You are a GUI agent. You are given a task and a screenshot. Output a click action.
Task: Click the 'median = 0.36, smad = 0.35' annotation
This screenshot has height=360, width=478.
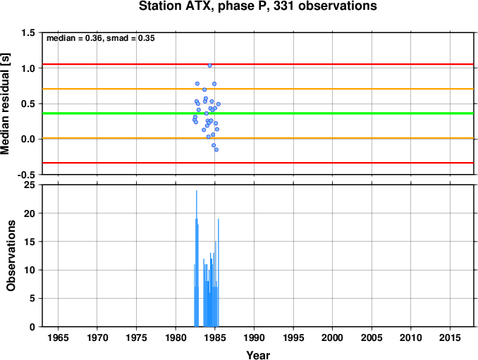point(101,38)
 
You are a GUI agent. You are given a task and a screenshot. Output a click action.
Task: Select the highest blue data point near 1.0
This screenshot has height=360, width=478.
point(209,66)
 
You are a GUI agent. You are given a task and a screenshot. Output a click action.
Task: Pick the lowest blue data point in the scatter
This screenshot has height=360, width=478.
point(216,149)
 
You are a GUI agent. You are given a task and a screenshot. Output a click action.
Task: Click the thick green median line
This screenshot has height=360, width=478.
point(258,113)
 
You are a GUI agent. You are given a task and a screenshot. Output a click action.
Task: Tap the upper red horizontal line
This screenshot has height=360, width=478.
point(258,64)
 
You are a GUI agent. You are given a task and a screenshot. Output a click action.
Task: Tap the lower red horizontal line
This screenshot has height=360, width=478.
point(258,163)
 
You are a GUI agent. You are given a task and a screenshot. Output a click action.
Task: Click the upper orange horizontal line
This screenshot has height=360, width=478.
point(258,89)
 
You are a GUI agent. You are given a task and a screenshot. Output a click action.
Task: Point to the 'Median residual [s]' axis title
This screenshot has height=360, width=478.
point(5,104)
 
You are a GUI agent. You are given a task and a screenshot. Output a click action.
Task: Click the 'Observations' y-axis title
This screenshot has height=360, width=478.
point(11,256)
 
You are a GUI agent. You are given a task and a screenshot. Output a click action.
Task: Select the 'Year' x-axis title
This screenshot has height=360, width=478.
point(258,355)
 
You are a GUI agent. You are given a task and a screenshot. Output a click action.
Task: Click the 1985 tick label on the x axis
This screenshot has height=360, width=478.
point(214,337)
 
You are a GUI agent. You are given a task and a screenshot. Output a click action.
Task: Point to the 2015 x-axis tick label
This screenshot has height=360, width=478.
point(450,337)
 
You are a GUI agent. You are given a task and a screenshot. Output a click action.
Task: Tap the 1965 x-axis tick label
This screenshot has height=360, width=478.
point(58,337)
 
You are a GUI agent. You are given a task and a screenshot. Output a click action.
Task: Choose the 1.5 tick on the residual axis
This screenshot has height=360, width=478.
point(28,32)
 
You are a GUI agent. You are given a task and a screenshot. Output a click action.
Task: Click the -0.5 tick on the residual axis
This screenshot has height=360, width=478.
point(26,175)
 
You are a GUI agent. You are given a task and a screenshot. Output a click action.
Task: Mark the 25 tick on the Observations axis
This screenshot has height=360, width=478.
point(30,185)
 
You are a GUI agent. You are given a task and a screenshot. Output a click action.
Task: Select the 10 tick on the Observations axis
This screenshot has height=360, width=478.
point(30,270)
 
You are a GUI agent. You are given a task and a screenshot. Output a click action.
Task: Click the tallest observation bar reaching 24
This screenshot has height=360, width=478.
point(197,259)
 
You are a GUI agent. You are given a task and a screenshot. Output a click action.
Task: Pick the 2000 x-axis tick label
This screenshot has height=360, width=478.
point(332,337)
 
